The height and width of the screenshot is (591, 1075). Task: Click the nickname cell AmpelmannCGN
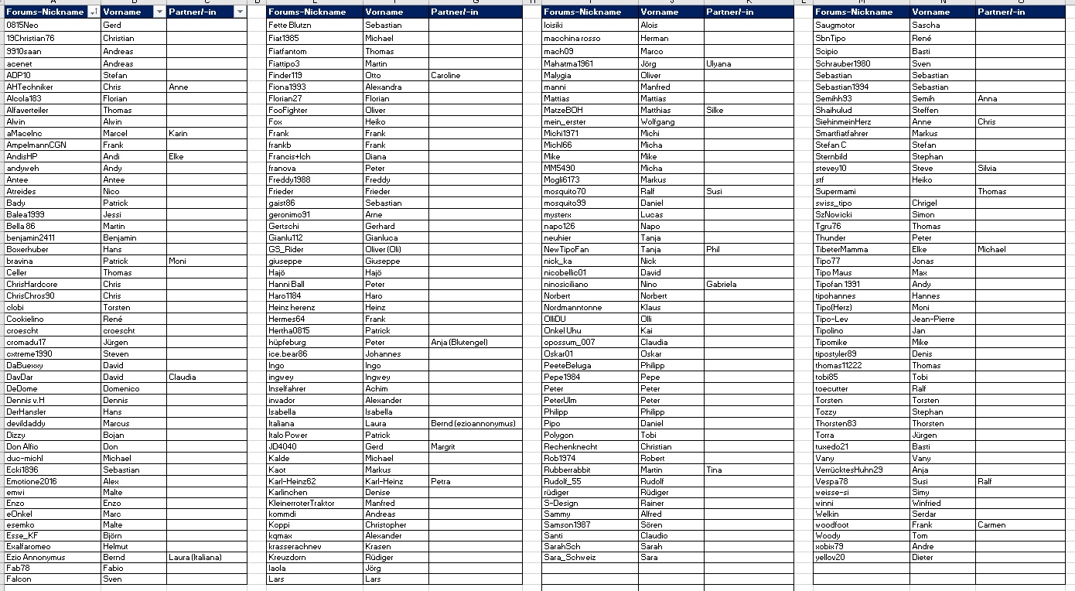pos(37,145)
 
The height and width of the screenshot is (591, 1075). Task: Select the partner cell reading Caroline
pos(445,75)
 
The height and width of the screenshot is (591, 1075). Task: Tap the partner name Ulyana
pos(718,63)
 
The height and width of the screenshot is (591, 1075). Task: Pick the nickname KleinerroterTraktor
pos(302,503)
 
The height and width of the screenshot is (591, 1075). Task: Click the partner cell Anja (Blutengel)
pos(459,342)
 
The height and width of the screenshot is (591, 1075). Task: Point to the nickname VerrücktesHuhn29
pos(848,470)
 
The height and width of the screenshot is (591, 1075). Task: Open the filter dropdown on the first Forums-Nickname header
pos(94,12)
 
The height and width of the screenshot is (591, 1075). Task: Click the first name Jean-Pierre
pos(933,319)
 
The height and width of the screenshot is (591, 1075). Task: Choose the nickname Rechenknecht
pos(571,446)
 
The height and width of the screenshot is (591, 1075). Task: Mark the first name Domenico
pos(121,388)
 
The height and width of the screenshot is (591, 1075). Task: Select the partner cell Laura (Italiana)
pos(197,557)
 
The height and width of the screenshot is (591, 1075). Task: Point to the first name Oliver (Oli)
pos(383,249)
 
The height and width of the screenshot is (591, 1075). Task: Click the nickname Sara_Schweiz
pos(570,557)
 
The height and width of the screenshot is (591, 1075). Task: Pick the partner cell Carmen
pos(991,524)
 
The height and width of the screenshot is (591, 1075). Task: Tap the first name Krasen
pos(378,546)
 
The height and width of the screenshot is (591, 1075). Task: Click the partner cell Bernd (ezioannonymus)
pos(473,423)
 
